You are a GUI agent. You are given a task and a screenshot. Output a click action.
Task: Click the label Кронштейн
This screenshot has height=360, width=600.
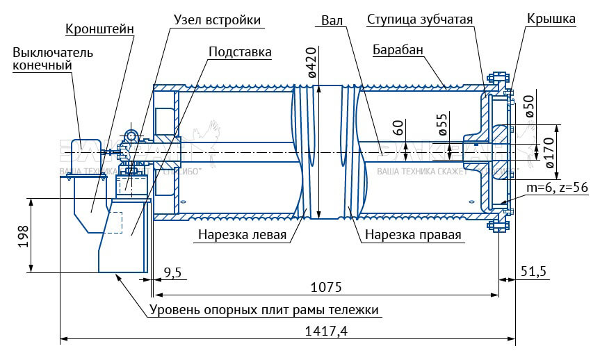pos(99,29)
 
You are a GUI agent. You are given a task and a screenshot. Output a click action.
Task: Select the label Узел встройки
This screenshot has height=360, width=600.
pos(216,20)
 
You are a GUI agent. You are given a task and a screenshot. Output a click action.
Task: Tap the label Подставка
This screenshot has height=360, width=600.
pos(240,51)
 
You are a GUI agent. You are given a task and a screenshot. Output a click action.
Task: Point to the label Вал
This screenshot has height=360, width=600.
pos(332,20)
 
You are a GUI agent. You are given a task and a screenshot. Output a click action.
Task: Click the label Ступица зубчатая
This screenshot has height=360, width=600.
pos(420,20)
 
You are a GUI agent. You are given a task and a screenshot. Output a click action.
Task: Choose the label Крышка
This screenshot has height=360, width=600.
pos(551,19)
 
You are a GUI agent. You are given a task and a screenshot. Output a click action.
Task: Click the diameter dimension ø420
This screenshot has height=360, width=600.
pos(312,64)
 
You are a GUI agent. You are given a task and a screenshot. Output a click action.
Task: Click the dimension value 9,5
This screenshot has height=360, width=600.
pos(172,272)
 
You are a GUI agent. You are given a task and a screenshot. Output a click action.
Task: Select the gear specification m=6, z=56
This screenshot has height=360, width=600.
pos(557,188)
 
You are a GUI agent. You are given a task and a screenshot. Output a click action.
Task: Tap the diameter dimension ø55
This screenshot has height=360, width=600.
pos(442,123)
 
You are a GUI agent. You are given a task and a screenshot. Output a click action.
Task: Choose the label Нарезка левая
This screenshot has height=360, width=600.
pos(242,234)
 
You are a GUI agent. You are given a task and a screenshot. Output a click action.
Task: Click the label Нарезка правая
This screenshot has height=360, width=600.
pos(413,234)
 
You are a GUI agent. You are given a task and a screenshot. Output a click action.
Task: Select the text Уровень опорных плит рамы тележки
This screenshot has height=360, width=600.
pos(265,309)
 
